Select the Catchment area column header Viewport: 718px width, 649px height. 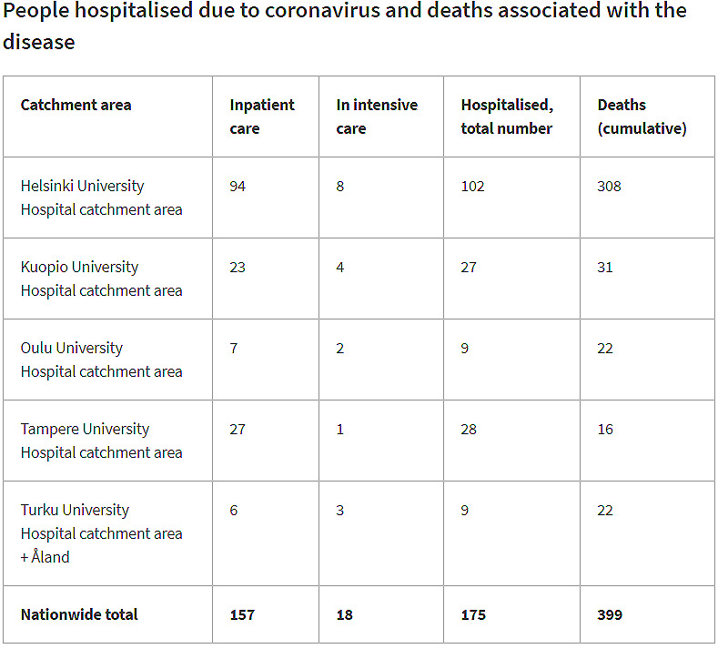pos(76,105)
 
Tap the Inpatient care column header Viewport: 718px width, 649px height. pos(262,117)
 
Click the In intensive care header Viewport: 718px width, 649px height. pos(377,117)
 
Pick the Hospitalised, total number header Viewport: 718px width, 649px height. pos(507,117)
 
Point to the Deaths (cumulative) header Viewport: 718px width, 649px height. pos(642,117)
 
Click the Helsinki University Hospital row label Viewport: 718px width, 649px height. pos(101,198)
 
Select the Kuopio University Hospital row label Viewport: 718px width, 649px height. pos(101,279)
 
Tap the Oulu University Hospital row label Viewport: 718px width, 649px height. pos(101,360)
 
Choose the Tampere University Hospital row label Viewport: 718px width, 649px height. pos(101,441)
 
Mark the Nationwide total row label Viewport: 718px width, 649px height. pos(79,614)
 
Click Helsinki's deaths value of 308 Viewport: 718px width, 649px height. pos(609,186)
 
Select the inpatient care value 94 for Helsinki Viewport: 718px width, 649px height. pos(238,186)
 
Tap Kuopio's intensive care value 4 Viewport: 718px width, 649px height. pos(340,267)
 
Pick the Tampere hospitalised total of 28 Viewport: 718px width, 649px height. pos(469,429)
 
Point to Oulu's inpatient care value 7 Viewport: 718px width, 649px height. pos(234,348)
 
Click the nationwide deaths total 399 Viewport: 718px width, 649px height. pos(610,614)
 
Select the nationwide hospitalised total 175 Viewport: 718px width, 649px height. pos(473,614)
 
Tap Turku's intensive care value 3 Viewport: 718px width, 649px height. pos(340,510)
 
